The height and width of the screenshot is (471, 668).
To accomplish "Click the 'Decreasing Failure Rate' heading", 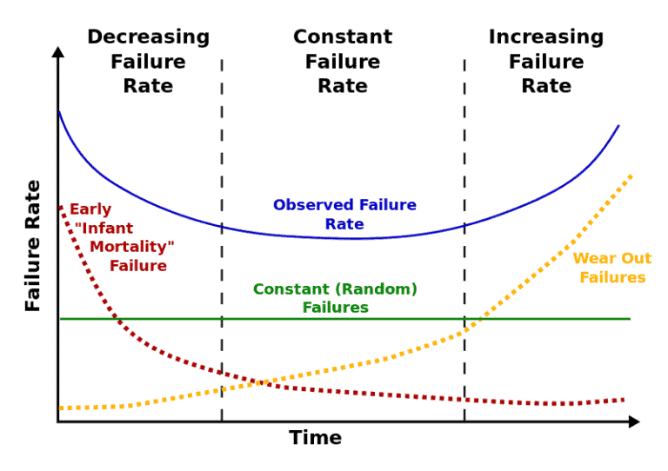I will [148, 62].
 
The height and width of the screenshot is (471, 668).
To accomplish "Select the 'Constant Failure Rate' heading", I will [343, 62].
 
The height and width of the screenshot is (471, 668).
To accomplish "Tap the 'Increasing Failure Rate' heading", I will [545, 62].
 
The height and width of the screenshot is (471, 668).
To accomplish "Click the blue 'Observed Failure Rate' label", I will [344, 215].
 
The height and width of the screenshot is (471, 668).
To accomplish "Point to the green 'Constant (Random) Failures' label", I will [335, 298].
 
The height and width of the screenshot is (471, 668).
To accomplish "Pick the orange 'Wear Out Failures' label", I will [612, 269].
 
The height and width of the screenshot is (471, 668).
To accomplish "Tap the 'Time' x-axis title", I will [315, 438].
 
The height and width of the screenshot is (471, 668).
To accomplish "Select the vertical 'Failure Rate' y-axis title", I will [33, 246].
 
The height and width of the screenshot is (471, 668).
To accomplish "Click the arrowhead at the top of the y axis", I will [58, 51].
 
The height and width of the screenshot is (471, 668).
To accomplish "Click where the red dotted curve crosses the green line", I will [118, 319].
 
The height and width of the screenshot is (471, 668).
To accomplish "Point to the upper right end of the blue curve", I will [618, 126].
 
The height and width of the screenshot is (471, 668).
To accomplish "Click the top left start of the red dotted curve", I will [60, 207].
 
